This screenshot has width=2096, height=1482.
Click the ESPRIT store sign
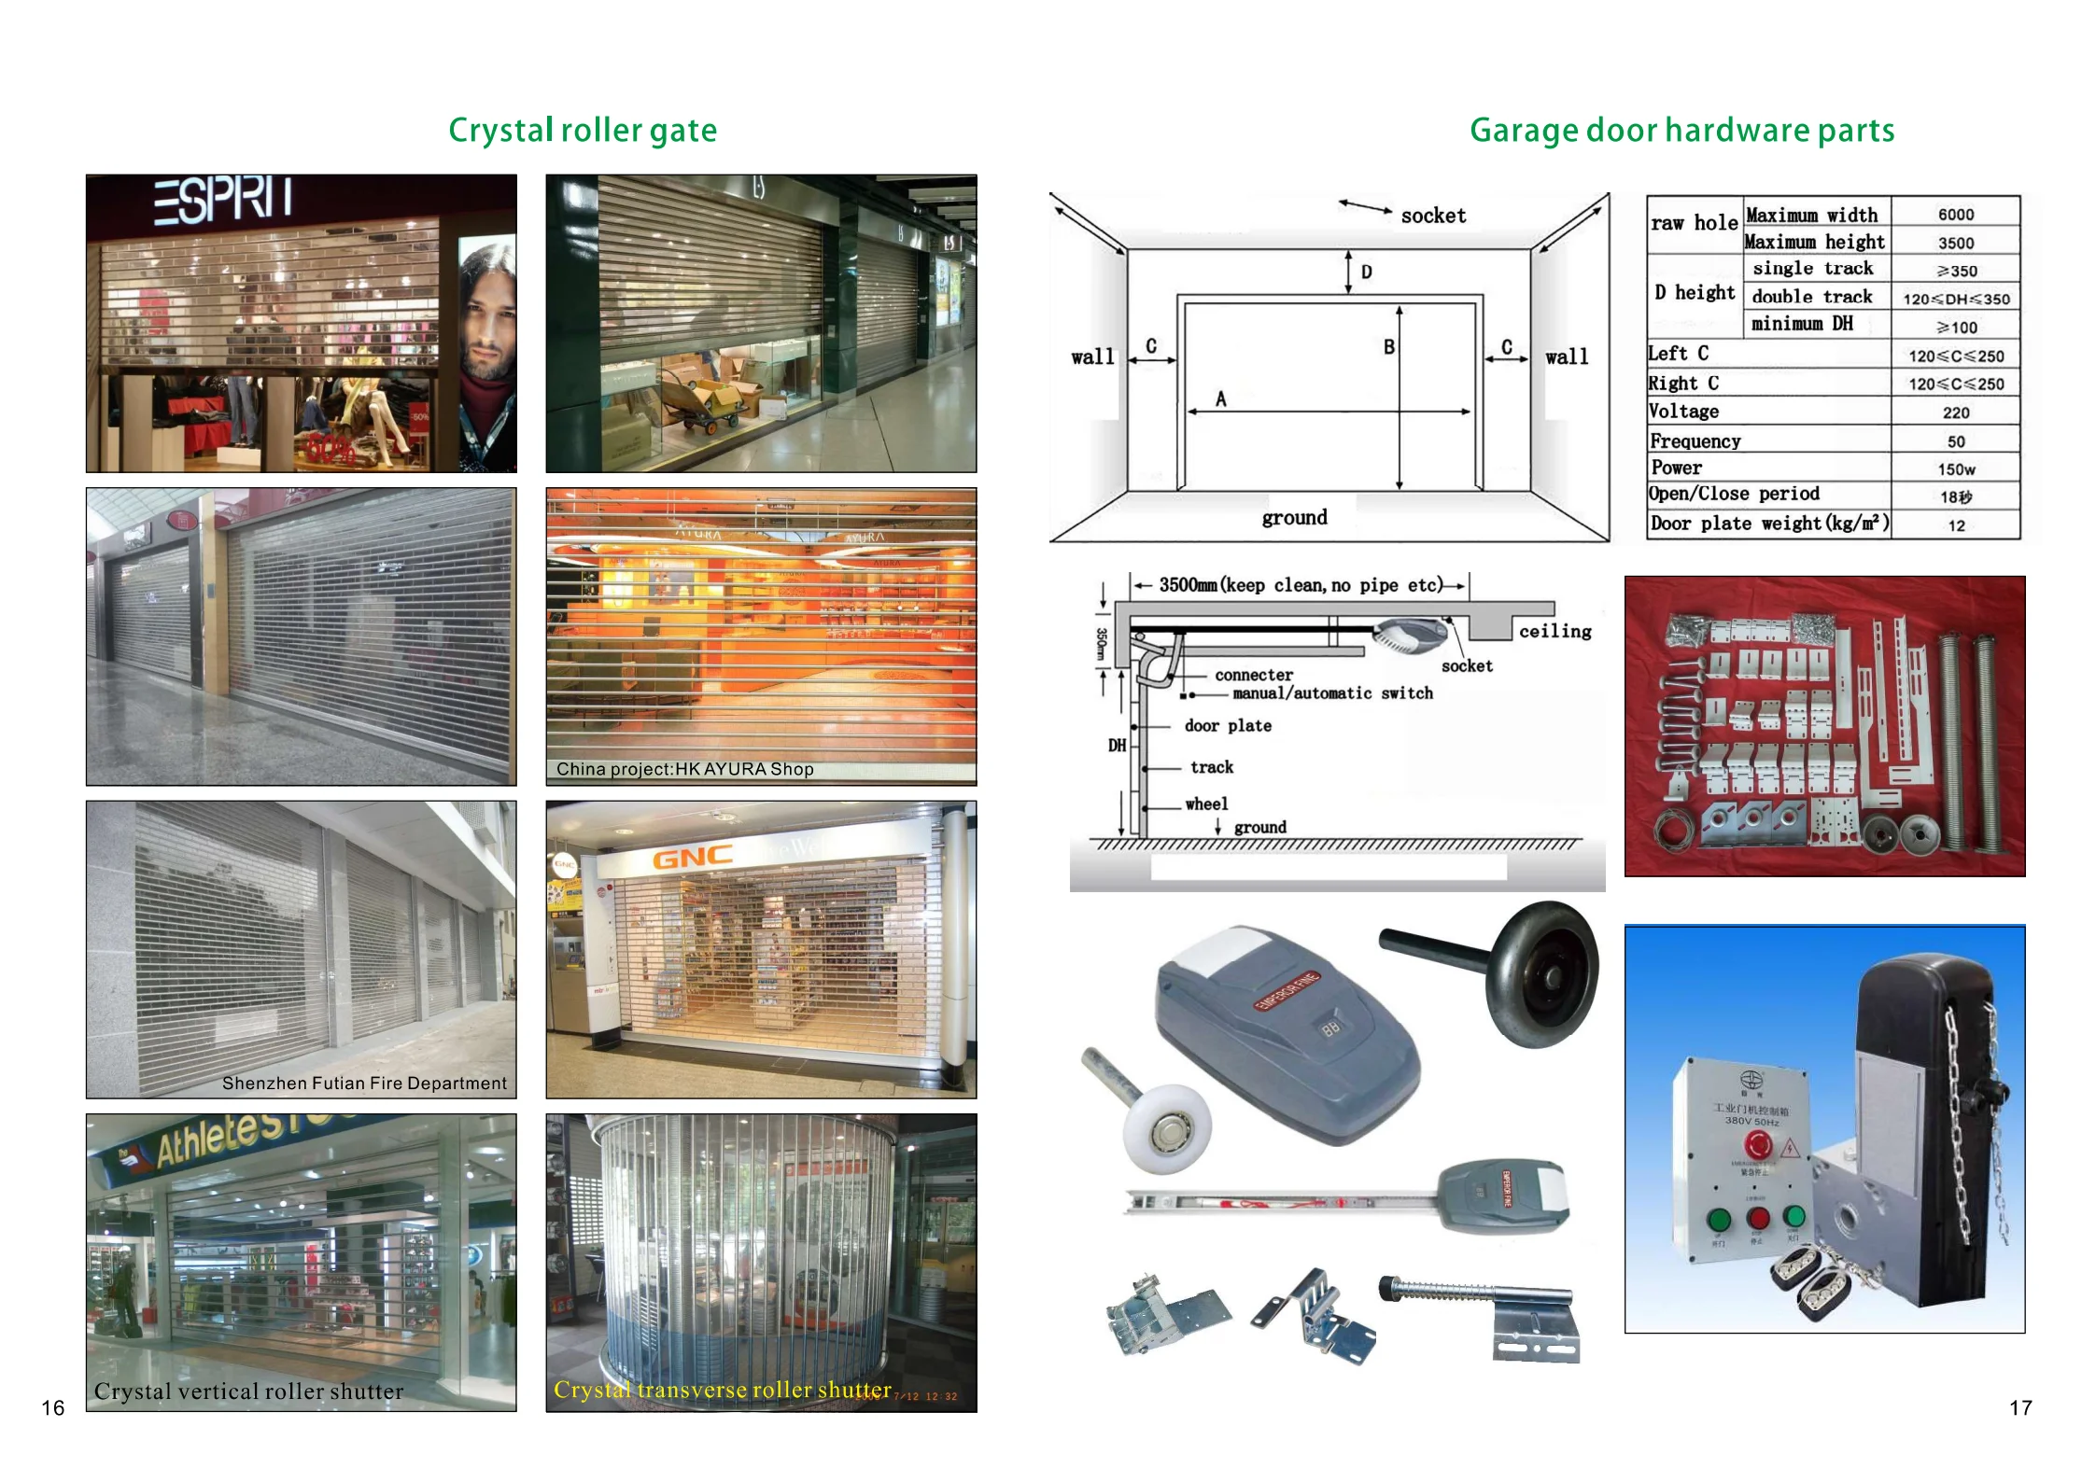click(x=223, y=200)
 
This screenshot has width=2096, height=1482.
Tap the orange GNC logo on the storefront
click(x=692, y=858)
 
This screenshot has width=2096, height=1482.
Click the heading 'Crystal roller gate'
click(x=583, y=131)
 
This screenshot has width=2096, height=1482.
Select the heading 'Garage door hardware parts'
click(x=1681, y=131)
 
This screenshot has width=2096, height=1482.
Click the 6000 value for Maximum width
click(x=1955, y=215)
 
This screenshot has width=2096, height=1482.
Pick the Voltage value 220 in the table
click(x=1955, y=412)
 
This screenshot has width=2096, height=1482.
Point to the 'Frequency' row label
click(x=1695, y=440)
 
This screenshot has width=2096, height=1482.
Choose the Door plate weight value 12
click(x=1956, y=525)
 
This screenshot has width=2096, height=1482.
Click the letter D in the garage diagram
click(x=1366, y=273)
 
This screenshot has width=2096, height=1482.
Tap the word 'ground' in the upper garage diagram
click(x=1294, y=518)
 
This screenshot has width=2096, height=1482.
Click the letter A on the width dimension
click(x=1220, y=399)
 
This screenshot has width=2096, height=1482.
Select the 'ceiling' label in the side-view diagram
click(x=1554, y=632)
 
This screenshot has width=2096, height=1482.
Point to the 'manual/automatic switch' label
click(x=1332, y=693)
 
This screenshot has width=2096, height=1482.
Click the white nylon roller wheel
click(x=1167, y=1127)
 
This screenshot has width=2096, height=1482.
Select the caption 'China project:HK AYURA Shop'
click(x=685, y=769)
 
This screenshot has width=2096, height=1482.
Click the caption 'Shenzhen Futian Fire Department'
click(x=364, y=1083)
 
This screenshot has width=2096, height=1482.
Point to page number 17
click(x=2020, y=1407)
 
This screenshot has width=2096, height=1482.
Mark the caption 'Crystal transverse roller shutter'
click(x=722, y=1390)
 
